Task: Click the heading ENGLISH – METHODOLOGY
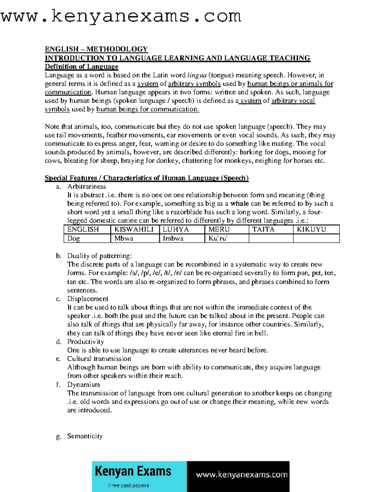pos(96,49)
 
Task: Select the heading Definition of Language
pos(82,67)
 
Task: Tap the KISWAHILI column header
pos(134,229)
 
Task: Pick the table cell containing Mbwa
pos(134,238)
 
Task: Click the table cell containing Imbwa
pos(182,238)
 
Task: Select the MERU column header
pos(226,229)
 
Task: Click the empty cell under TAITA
pos(271,238)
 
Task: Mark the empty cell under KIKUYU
pos(316,238)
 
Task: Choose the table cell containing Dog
pos(87,238)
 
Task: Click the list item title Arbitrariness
pos(86,187)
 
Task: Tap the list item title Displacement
pos(88,299)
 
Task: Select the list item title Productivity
pos(85,342)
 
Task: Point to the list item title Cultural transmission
pos(99,359)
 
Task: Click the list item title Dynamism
pos(83,385)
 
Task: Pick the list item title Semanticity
pos(85,436)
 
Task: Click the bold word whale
pos(239,204)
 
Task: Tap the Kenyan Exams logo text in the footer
pos(133,472)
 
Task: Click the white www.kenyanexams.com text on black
pos(242,475)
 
